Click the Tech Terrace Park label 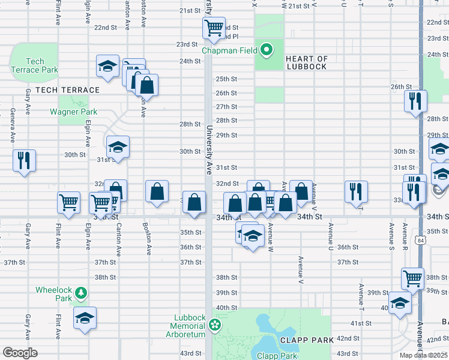click(x=35, y=65)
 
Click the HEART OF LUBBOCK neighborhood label click(x=307, y=62)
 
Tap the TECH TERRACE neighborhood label click(x=67, y=90)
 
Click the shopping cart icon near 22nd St click(x=214, y=28)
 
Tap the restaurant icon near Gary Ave click(x=24, y=160)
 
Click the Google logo click(x=20, y=353)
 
